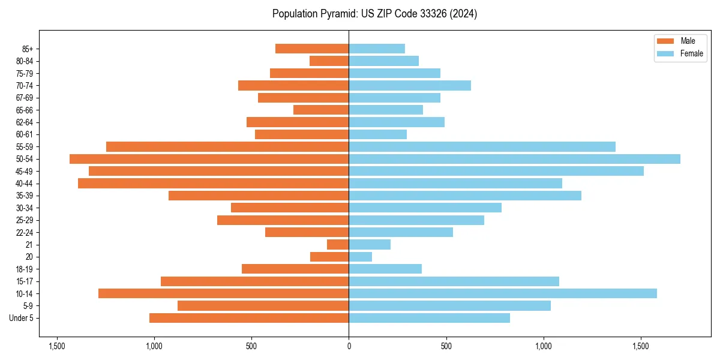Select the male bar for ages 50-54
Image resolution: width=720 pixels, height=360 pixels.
(209, 159)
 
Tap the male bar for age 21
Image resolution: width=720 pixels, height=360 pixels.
(338, 245)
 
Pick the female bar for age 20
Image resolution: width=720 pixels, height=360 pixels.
(360, 257)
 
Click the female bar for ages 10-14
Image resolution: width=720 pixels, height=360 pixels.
(503, 293)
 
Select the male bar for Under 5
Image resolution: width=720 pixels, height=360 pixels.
(249, 318)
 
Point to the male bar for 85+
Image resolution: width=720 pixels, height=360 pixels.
(312, 49)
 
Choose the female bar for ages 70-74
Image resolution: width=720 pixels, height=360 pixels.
(410, 85)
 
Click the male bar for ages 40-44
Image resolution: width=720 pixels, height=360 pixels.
(213, 184)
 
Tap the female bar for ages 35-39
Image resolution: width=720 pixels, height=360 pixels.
(465, 196)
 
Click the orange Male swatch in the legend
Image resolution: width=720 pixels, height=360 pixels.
(666, 41)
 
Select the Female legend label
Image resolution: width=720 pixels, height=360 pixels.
(691, 53)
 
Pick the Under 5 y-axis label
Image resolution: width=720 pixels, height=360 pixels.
(22, 318)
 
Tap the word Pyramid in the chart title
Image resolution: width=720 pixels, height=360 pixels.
(337, 14)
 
